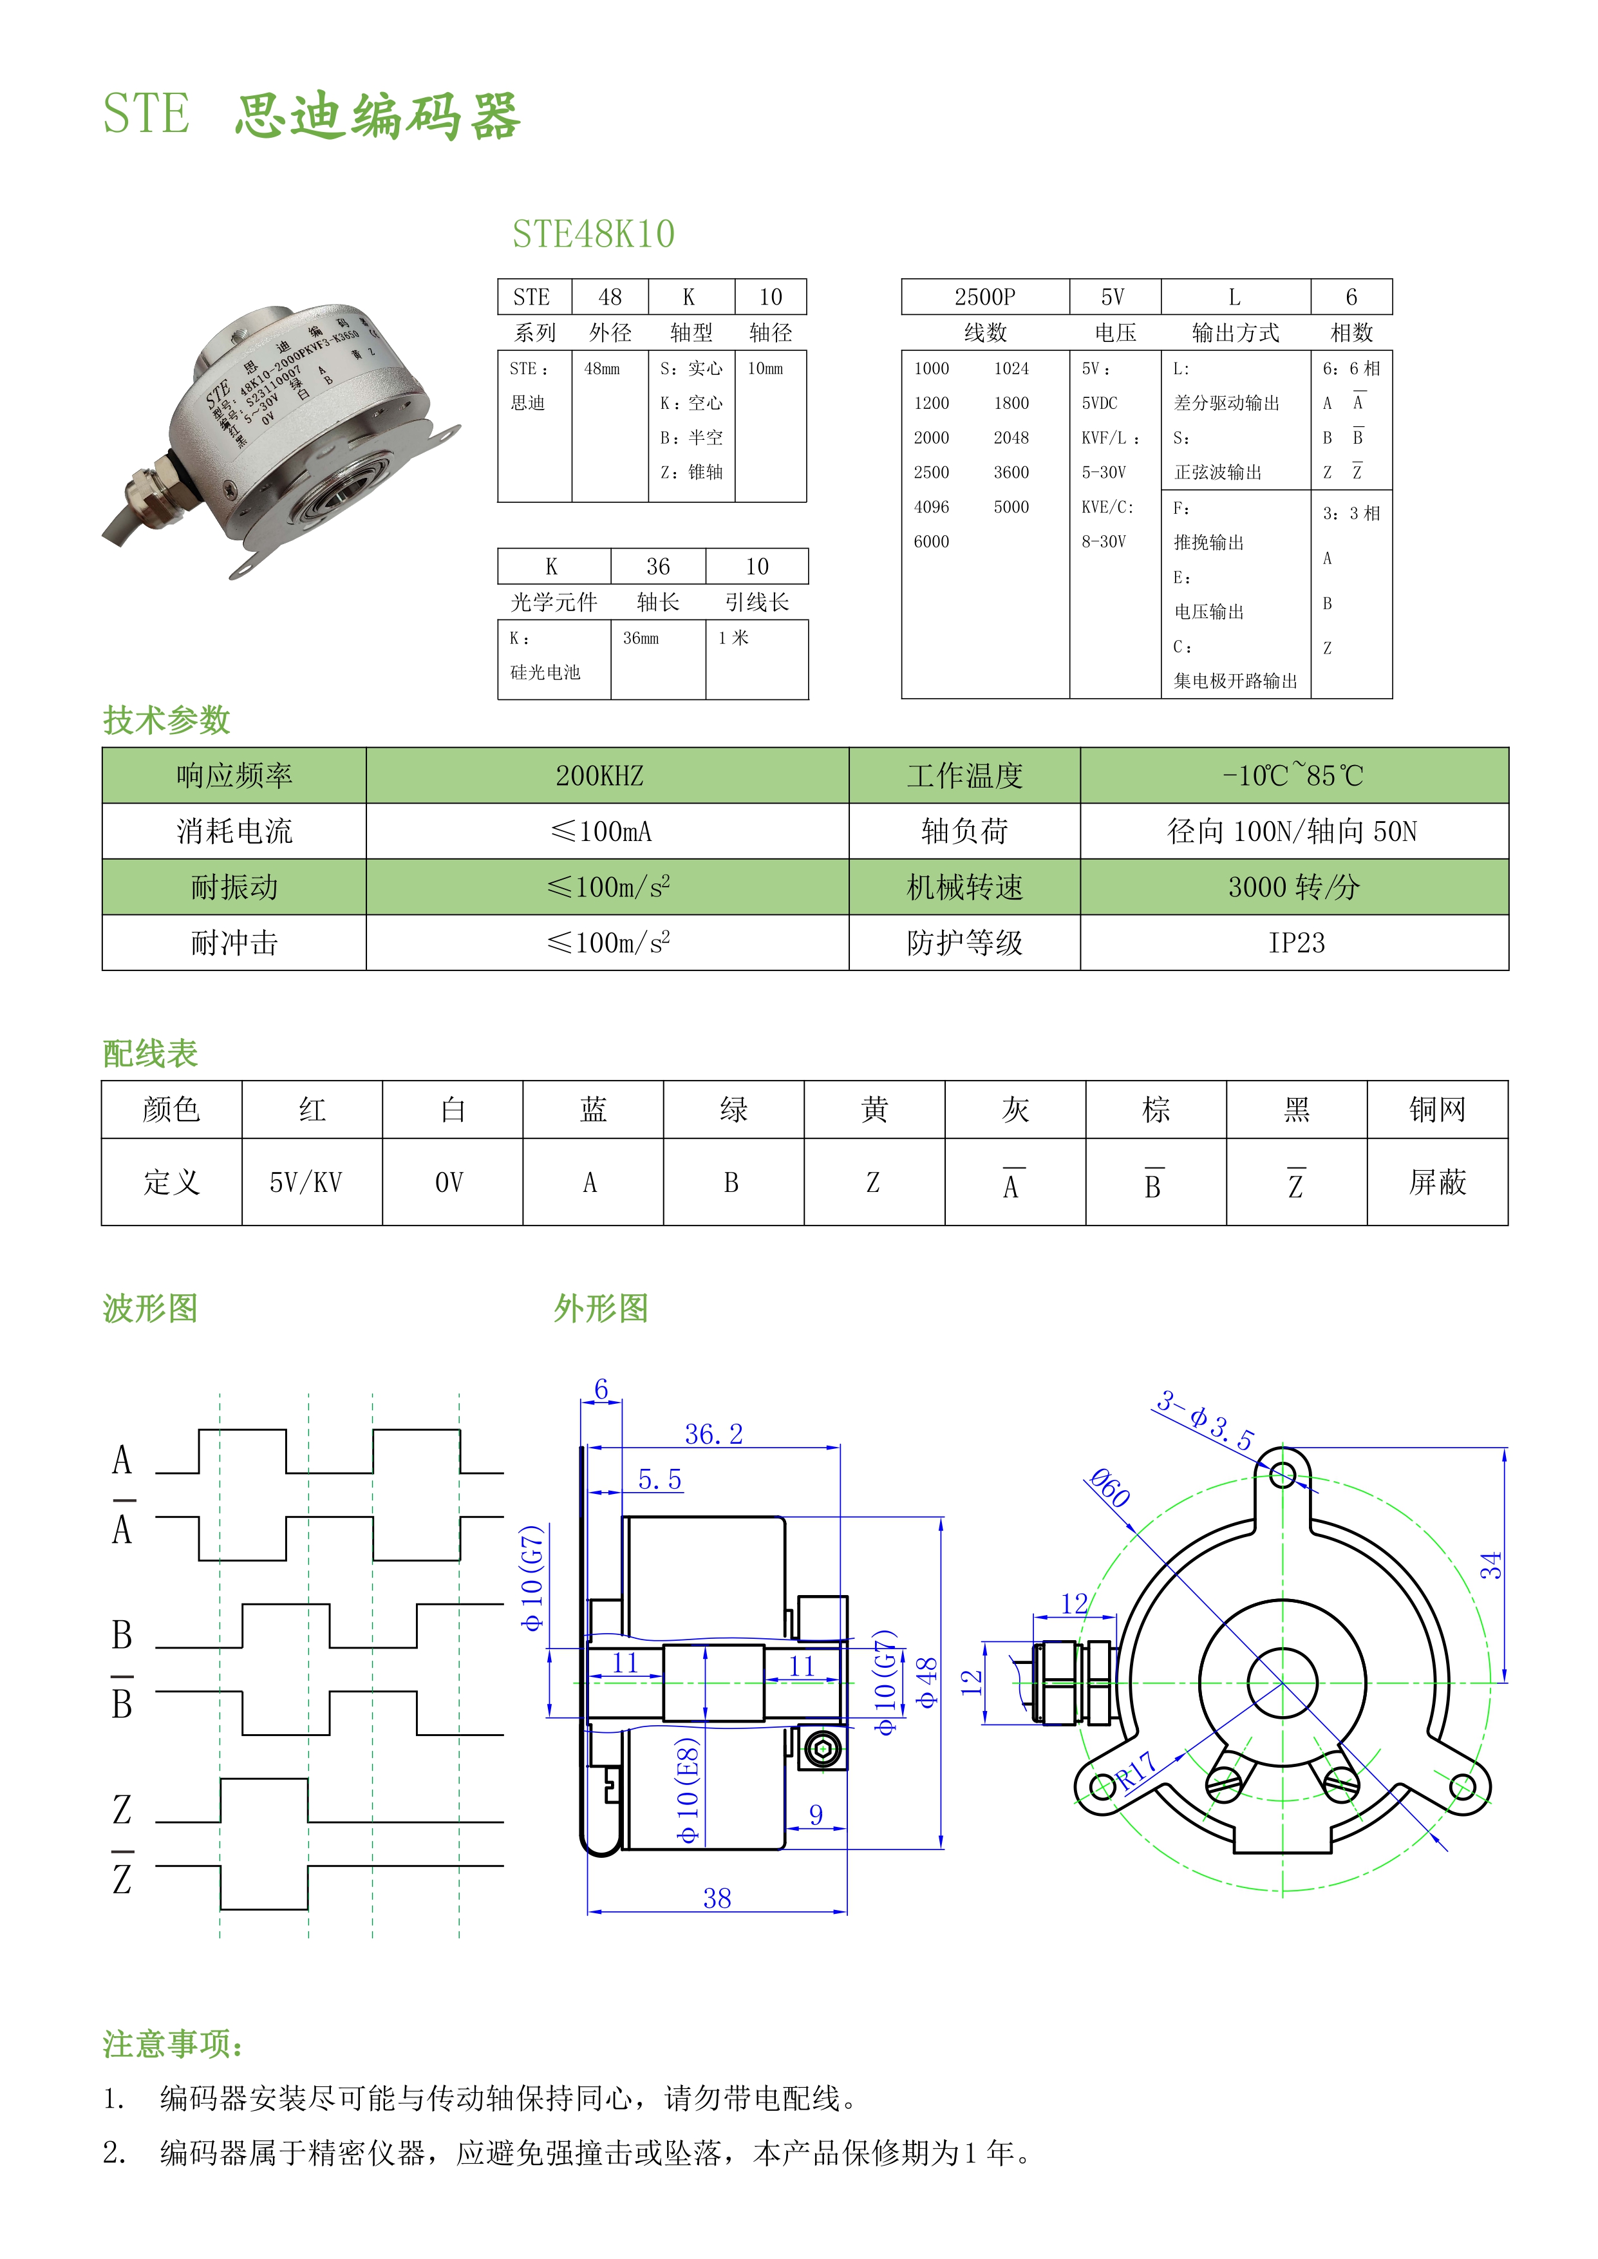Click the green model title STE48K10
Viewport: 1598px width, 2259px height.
tap(594, 234)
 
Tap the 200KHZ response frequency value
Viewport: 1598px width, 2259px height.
tap(599, 776)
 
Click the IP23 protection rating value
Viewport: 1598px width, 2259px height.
tap(1296, 943)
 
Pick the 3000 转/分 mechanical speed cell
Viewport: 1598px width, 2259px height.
tap(1294, 887)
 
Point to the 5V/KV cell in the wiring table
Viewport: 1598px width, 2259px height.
tap(306, 1183)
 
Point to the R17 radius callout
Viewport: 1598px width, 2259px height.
tap(1136, 1771)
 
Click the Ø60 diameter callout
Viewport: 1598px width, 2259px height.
tap(1110, 1488)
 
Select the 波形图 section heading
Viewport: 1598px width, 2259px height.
tap(151, 1309)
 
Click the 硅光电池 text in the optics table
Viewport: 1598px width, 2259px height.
tap(545, 673)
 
